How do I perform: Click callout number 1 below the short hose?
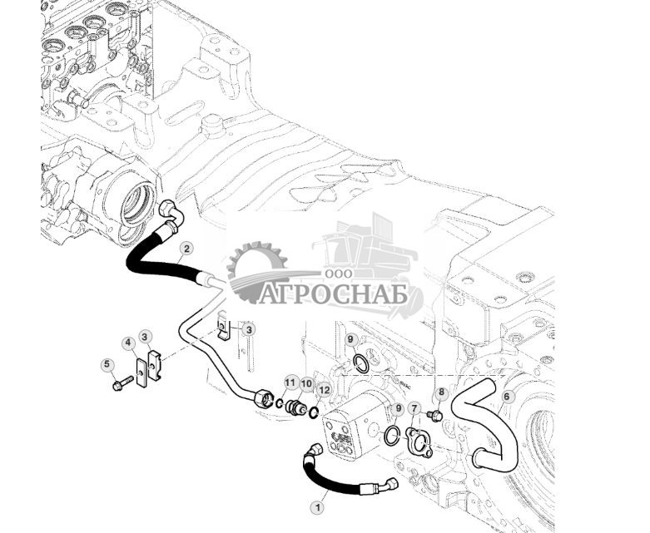tap(315, 505)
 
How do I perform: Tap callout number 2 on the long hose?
tap(186, 248)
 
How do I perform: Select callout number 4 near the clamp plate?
tap(128, 343)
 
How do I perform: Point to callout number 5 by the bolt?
tap(107, 364)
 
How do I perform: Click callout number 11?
tap(290, 382)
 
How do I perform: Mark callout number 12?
tap(324, 389)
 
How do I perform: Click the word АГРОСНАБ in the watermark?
tap(342, 295)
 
